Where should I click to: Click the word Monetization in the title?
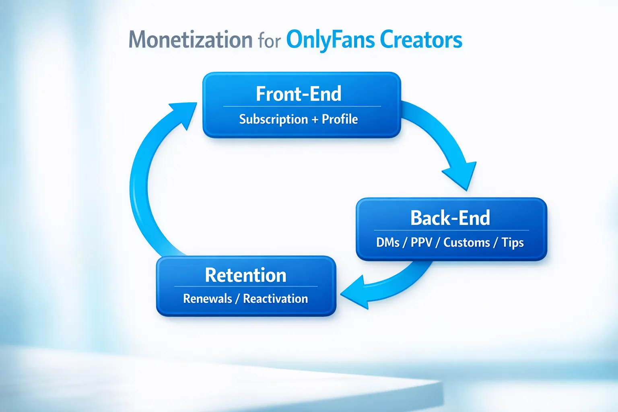click(190, 40)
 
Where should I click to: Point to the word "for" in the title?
click(269, 41)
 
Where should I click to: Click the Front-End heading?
click(299, 94)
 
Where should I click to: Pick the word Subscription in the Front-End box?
click(273, 119)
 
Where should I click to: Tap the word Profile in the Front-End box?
click(340, 119)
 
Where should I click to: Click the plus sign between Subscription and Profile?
click(315, 119)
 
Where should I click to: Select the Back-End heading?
click(450, 218)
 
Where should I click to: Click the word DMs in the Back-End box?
click(387, 243)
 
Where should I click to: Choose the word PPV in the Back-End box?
click(421, 243)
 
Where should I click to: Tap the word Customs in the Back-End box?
click(466, 243)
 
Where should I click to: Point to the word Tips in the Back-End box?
click(513, 243)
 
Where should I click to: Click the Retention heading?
click(245, 275)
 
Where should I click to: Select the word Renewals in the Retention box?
click(207, 299)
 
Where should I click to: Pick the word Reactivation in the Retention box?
click(276, 299)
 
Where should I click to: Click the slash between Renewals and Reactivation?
click(237, 299)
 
